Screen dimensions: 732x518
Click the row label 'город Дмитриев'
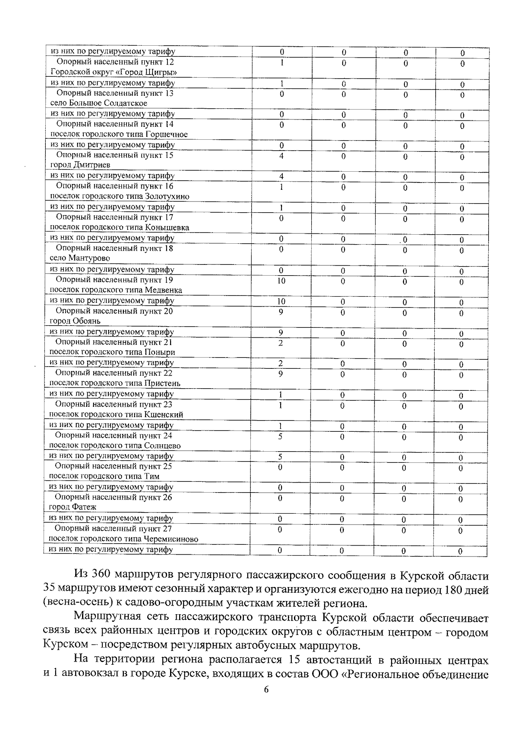click(x=80, y=165)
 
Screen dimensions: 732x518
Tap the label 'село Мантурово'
click(x=80, y=258)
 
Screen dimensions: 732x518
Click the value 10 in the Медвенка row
click(x=281, y=281)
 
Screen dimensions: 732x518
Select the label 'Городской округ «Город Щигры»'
click(x=114, y=72)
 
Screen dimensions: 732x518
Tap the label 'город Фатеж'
click(x=73, y=507)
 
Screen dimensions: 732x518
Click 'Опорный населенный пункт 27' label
click(x=113, y=529)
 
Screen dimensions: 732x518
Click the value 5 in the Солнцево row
click(x=280, y=437)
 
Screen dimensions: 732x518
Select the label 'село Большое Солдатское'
click(x=98, y=103)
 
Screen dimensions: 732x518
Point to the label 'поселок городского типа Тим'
click(x=104, y=477)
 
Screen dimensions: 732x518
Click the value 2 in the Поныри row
click(x=281, y=343)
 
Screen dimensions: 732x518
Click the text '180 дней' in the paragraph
click(x=467, y=589)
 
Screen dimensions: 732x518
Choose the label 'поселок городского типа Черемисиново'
click(x=123, y=539)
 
